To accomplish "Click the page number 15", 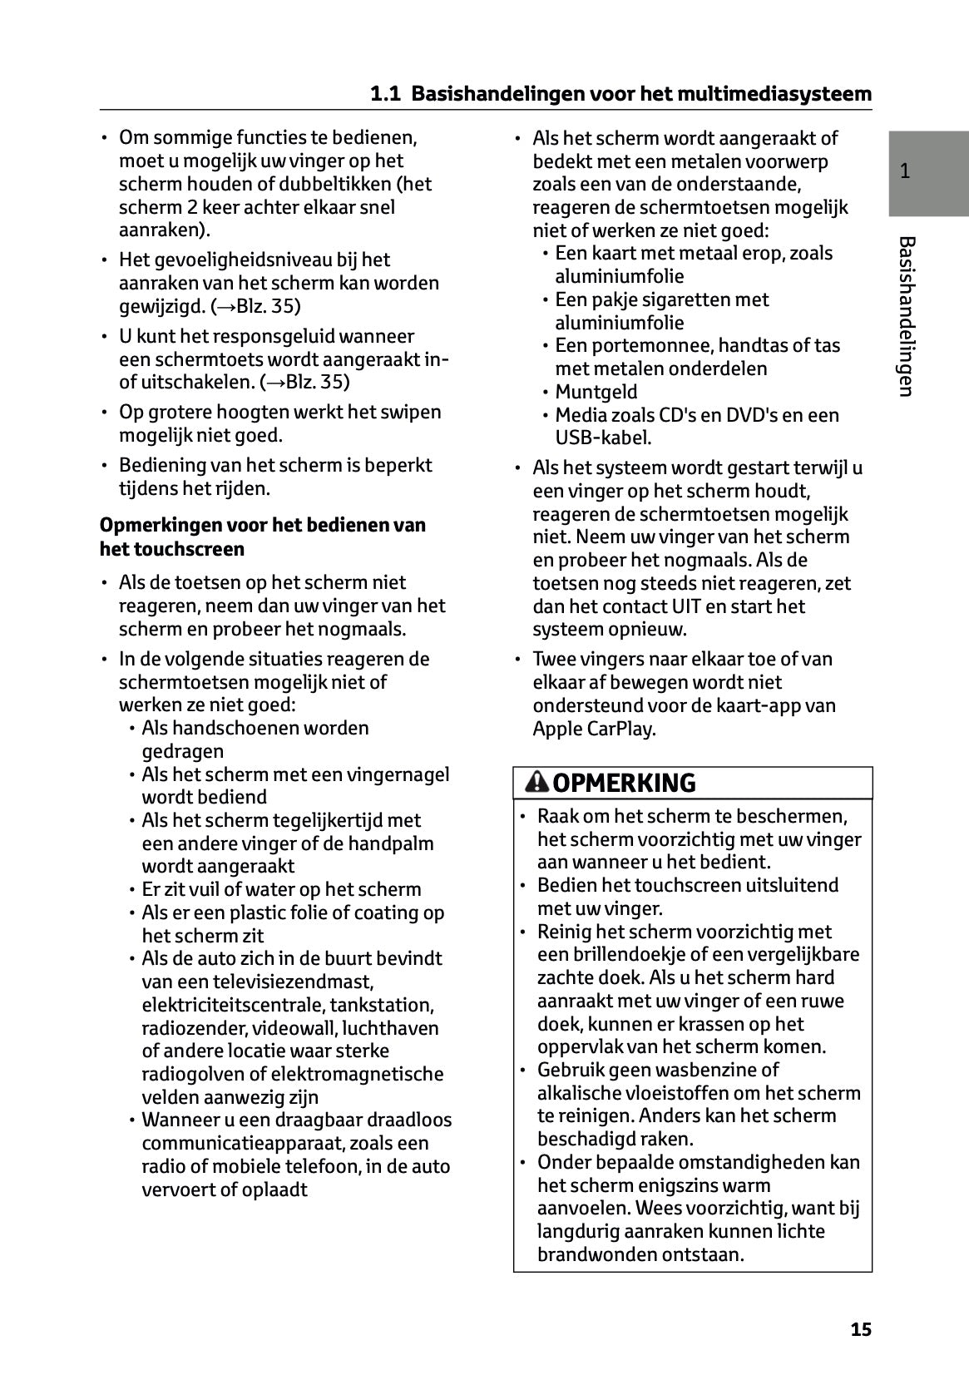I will pos(861,1329).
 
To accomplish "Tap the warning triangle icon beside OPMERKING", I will pos(537,783).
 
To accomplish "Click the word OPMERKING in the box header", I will pos(624,784).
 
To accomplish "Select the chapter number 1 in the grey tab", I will pos(905,172).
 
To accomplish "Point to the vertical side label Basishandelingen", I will pos(907,316).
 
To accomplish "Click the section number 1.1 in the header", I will pos(385,94).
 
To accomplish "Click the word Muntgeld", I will pos(596,392).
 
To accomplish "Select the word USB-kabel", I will pos(603,438).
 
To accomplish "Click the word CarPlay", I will pos(622,729).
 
